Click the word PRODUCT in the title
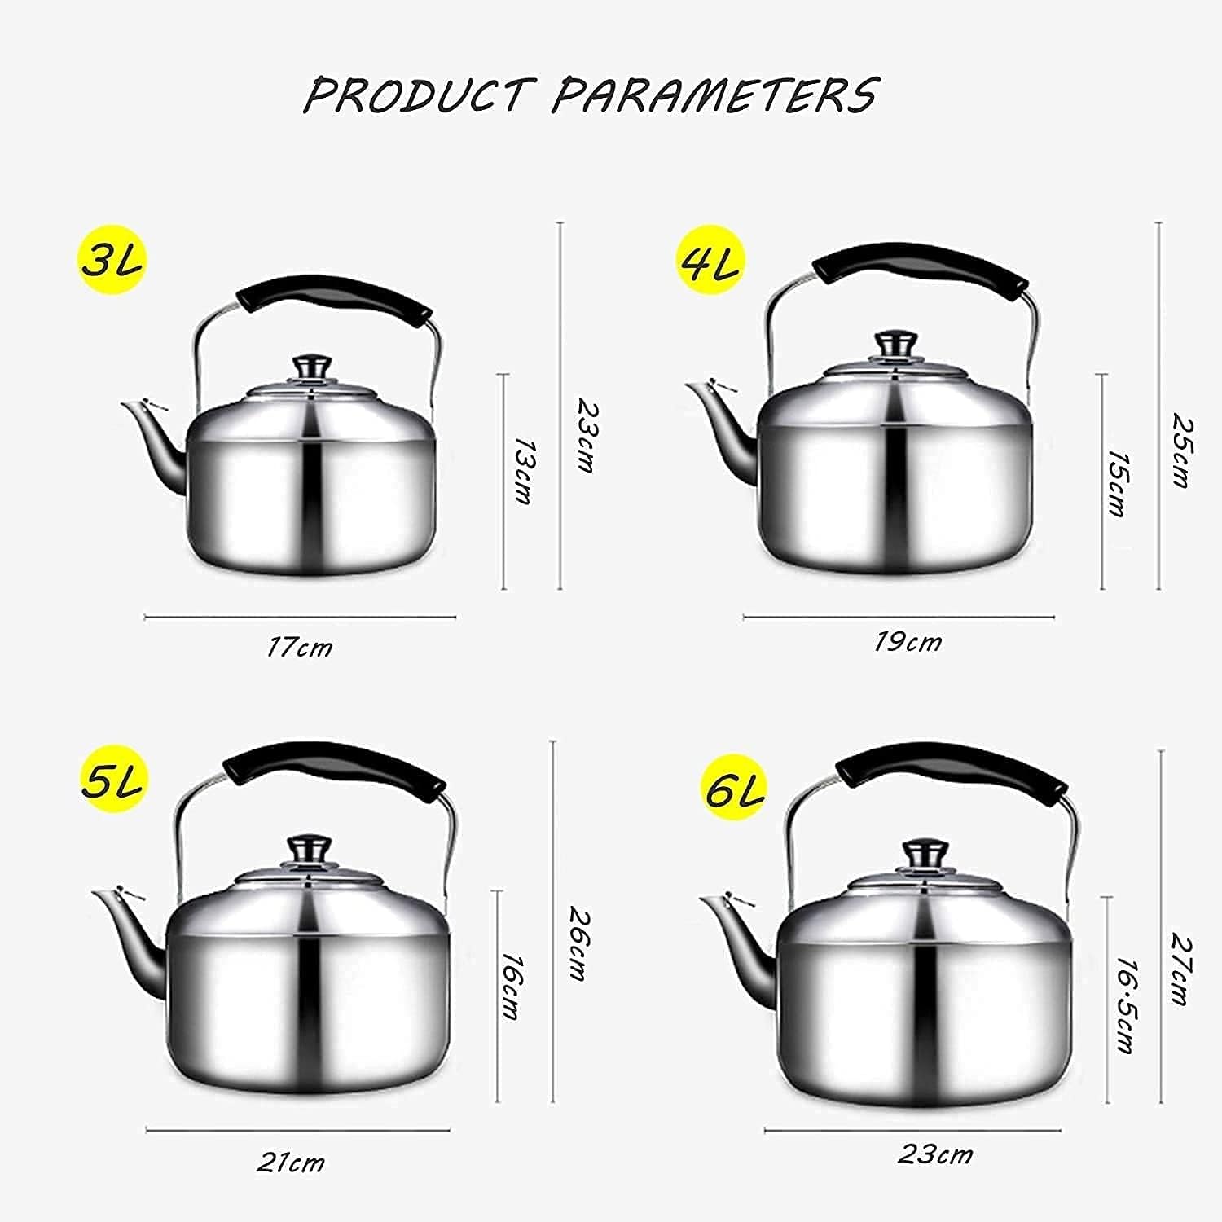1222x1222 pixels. [x=420, y=95]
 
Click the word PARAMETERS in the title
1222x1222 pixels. [x=715, y=95]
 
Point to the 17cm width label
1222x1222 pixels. [x=300, y=648]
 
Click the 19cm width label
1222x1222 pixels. [x=908, y=642]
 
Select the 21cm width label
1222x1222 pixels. [x=291, y=1163]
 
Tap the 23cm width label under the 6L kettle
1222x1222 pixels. [x=936, y=1154]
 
